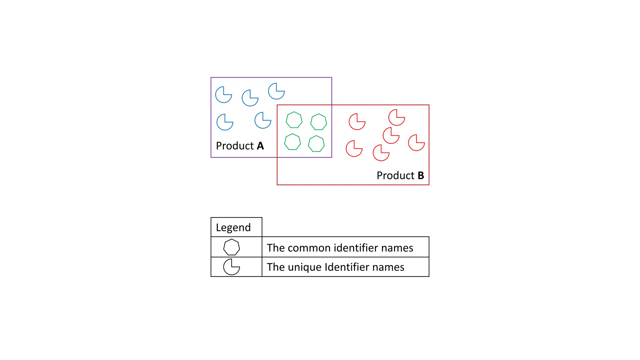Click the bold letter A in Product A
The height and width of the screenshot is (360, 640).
coord(260,146)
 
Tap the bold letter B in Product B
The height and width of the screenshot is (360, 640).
coord(421,176)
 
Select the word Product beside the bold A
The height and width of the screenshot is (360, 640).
coord(235,146)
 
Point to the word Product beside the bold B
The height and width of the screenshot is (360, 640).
coord(395,176)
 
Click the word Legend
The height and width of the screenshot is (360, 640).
coord(233,227)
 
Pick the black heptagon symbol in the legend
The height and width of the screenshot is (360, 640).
coord(232,247)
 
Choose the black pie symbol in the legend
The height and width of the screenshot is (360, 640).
coord(231,267)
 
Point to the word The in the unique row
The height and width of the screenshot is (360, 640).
coord(275,267)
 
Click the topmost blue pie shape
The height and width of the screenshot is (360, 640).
coord(276,91)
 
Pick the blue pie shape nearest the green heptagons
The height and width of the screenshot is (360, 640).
coord(262,120)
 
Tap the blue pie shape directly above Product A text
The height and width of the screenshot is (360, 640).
coord(225,122)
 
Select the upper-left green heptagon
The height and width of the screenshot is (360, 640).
coord(294,120)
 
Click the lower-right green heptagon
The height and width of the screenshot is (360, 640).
coord(316,144)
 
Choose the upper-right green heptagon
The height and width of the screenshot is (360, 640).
coord(318,122)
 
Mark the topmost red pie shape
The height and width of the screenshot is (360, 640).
coord(397,117)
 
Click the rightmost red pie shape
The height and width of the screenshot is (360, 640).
coord(416,143)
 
